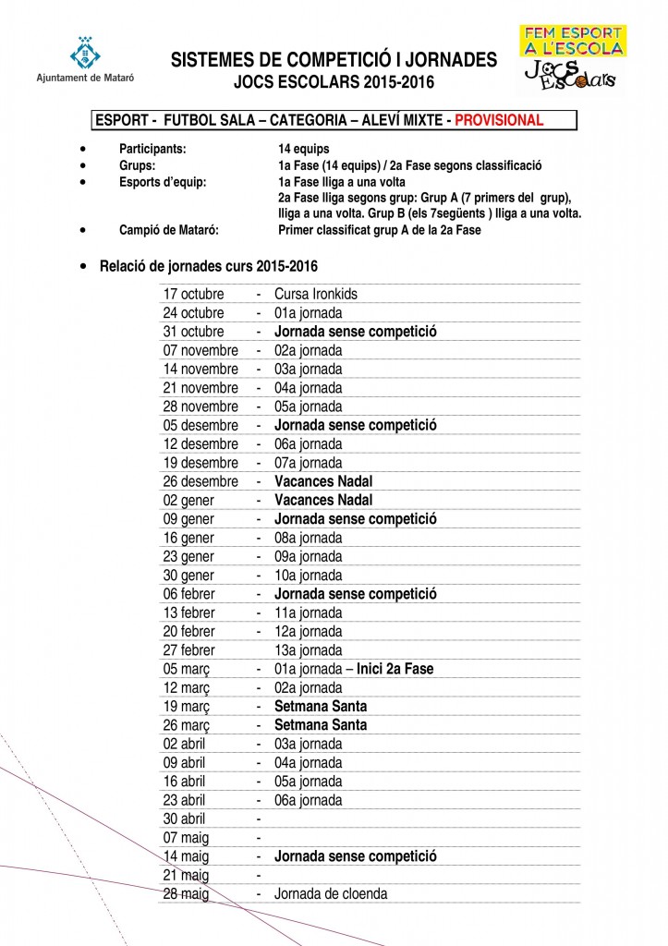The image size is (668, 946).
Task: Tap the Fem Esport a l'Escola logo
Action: tap(571, 58)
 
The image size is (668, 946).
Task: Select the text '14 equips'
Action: tap(303, 148)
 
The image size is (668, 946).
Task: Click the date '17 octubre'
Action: tap(194, 294)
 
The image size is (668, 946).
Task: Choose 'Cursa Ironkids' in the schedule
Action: tap(316, 294)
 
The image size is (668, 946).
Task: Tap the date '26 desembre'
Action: tap(200, 481)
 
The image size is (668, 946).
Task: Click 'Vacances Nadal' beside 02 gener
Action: tap(323, 500)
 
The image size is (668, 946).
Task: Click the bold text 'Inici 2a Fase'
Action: tap(395, 669)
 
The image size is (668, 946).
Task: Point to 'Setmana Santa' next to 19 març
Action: tap(320, 707)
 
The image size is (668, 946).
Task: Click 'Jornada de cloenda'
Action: tap(331, 894)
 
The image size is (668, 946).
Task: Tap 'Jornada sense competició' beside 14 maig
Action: tap(355, 856)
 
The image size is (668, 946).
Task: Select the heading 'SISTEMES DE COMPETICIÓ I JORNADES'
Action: tap(334, 61)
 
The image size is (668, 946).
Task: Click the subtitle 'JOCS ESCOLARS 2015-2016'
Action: tap(334, 83)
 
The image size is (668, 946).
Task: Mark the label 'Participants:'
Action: tap(152, 148)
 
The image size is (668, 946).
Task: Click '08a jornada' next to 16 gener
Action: tap(309, 538)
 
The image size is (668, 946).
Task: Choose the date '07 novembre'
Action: tap(200, 350)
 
